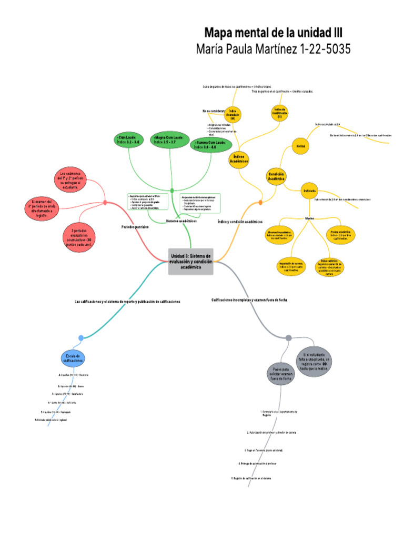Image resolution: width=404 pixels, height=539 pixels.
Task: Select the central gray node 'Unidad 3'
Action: (x=190, y=261)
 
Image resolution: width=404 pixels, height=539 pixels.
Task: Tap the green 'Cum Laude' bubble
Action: (x=128, y=140)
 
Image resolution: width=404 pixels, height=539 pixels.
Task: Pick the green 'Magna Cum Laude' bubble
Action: (x=168, y=140)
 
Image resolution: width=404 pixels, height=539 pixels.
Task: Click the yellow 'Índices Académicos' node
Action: (x=239, y=159)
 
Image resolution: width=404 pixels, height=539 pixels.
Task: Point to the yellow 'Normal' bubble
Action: (x=300, y=146)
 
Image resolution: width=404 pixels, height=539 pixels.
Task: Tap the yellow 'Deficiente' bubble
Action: (x=309, y=191)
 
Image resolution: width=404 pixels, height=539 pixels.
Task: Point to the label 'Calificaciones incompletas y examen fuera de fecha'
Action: (x=249, y=300)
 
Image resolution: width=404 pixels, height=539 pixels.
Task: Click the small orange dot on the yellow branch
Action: (x=260, y=202)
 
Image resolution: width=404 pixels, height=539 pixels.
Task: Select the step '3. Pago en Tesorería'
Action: (x=264, y=451)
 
